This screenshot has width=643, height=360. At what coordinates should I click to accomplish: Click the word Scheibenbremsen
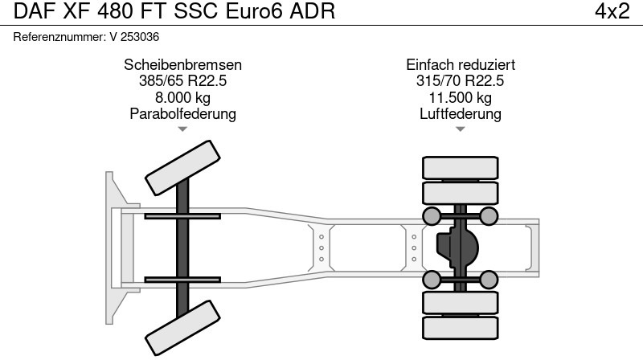click(x=182, y=65)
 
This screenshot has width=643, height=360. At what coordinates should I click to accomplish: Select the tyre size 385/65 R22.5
click(x=182, y=81)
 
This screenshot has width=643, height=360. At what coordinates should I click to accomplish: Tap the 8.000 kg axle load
click(x=182, y=97)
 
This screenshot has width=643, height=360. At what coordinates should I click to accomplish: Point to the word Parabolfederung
click(x=182, y=113)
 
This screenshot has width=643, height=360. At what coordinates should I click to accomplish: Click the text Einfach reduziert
click(x=461, y=65)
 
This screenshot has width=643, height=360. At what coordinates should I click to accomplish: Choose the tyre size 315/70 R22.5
click(x=461, y=81)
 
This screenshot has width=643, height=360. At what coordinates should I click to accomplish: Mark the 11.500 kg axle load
click(x=461, y=97)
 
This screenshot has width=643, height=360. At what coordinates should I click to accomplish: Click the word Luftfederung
click(x=461, y=113)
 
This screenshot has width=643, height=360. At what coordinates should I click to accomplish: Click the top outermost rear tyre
click(x=461, y=167)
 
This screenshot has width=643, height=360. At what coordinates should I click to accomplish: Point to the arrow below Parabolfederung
click(x=182, y=129)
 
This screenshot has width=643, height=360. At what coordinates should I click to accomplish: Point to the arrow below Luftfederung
click(x=461, y=129)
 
